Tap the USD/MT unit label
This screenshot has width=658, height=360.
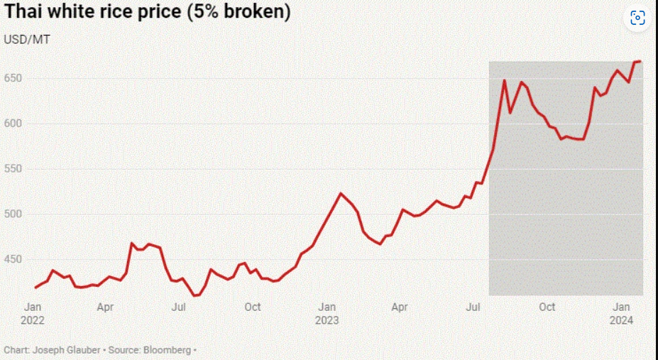pyautogui.click(x=27, y=40)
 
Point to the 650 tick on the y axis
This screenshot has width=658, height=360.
pyautogui.click(x=13, y=78)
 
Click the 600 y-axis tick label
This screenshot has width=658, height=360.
pyautogui.click(x=13, y=124)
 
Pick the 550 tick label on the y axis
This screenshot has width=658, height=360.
pyautogui.click(x=13, y=169)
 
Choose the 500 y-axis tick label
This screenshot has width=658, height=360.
pyautogui.click(x=13, y=214)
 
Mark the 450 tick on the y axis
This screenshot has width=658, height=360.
pyautogui.click(x=13, y=260)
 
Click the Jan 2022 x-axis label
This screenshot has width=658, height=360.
pyautogui.click(x=33, y=314)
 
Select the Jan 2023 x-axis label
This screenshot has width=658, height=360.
pyautogui.click(x=327, y=314)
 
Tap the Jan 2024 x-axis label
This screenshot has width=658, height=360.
pyautogui.click(x=622, y=314)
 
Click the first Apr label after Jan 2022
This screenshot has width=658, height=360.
pyautogui.click(x=105, y=307)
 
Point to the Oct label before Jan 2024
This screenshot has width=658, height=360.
pyautogui.click(x=547, y=307)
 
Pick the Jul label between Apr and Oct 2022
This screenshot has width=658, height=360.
pyautogui.click(x=179, y=307)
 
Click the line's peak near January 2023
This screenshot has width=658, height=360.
pyautogui.click(x=340, y=193)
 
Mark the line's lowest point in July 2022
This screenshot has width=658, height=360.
pyautogui.click(x=194, y=296)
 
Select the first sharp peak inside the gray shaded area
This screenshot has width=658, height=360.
pyautogui.click(x=505, y=80)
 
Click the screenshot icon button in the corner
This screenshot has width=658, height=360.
pyautogui.click(x=637, y=18)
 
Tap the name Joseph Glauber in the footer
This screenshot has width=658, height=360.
pyautogui.click(x=65, y=350)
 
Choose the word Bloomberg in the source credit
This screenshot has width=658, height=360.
pyautogui.click(x=167, y=350)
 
